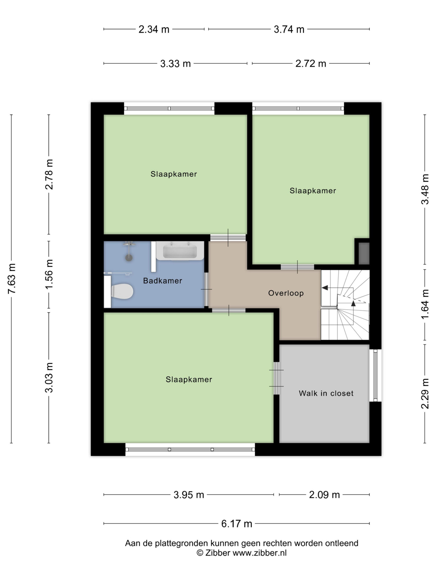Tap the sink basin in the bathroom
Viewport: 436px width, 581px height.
click(180, 251)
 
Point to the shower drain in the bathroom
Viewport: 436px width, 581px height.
click(129, 258)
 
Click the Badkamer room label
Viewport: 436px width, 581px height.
click(162, 281)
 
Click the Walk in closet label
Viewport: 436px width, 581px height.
click(326, 393)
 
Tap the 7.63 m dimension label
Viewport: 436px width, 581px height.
click(12, 279)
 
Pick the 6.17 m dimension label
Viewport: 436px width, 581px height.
click(237, 524)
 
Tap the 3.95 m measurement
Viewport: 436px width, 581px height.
click(189, 495)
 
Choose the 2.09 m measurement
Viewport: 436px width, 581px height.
click(324, 495)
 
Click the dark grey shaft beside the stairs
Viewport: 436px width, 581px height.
click(364, 254)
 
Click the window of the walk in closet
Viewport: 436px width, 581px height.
click(376, 376)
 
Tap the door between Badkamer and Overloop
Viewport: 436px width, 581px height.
click(207, 289)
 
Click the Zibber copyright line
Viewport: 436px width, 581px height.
click(242, 553)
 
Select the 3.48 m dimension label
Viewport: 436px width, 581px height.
click(425, 189)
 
